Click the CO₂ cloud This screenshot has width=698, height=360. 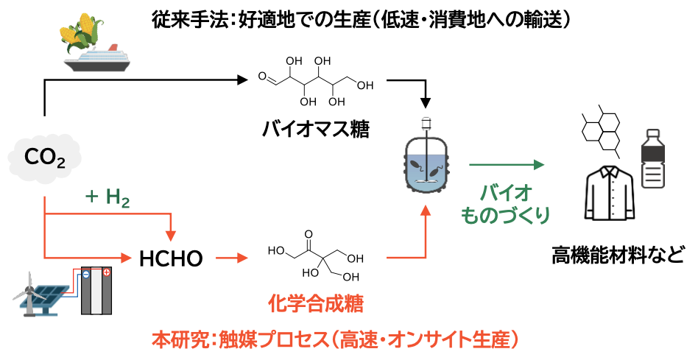[45, 156]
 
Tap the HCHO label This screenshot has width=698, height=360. [171, 258]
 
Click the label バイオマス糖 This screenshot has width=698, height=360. [316, 130]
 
